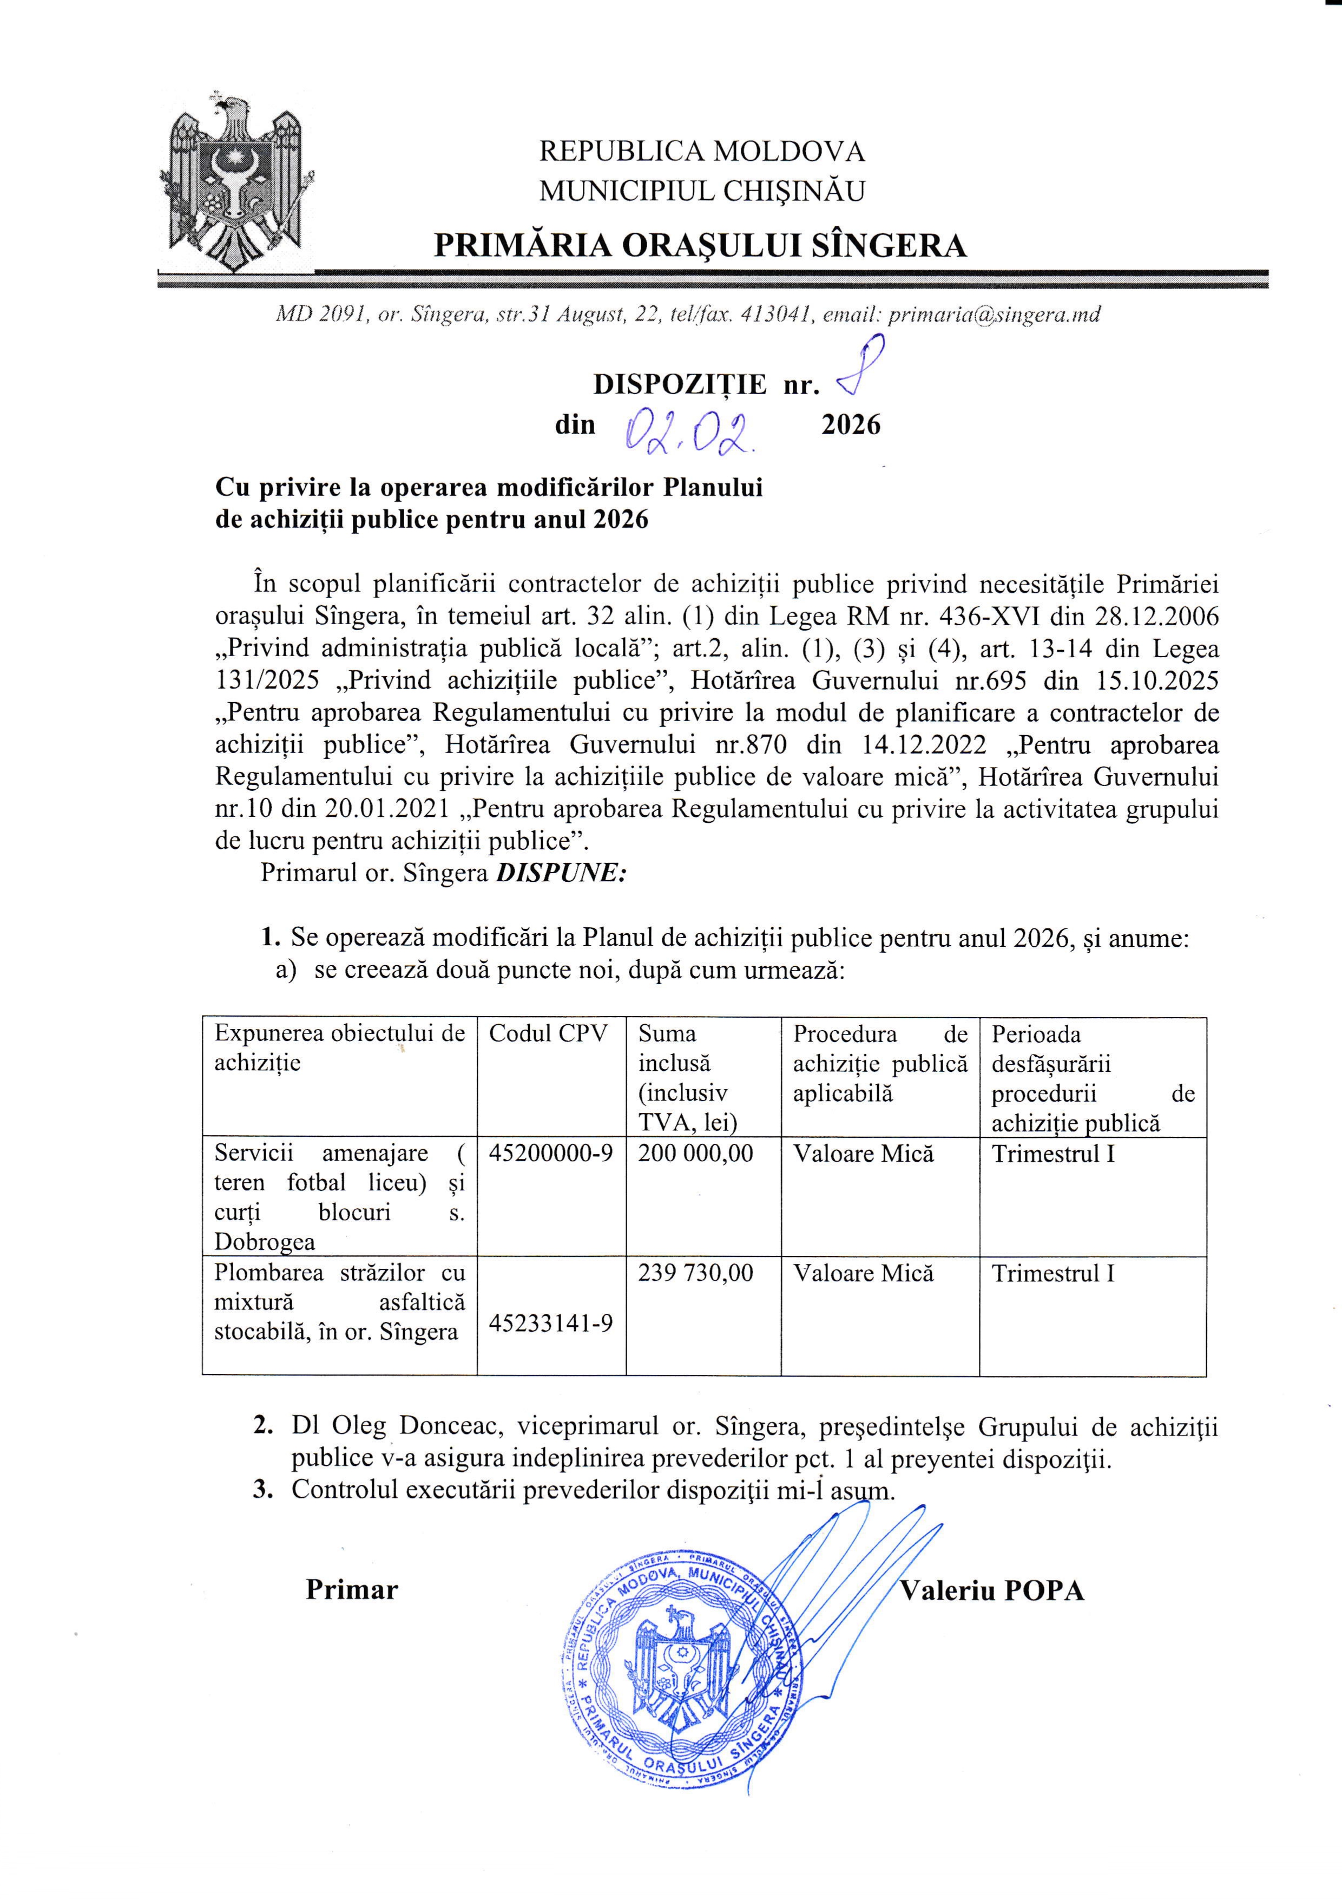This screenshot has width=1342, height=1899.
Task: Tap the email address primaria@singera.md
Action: tap(994, 315)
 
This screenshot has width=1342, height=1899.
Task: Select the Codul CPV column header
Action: tap(548, 1034)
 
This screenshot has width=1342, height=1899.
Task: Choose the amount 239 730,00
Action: tap(695, 1273)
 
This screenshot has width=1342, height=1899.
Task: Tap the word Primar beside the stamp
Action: tap(351, 1590)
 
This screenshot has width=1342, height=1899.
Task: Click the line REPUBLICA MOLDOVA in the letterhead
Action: tap(701, 152)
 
